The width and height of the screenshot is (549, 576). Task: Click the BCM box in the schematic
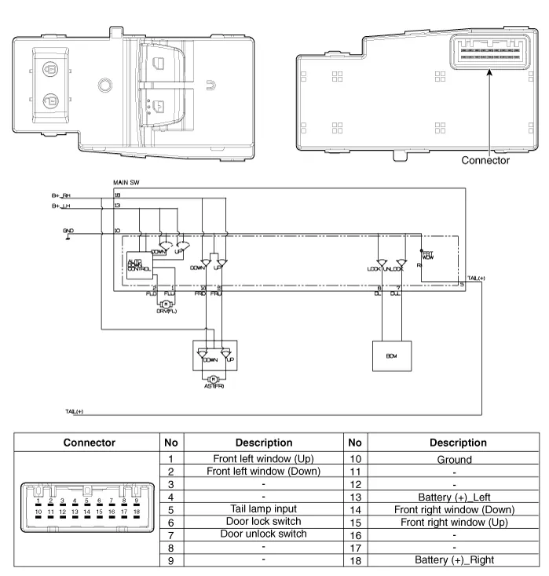390,356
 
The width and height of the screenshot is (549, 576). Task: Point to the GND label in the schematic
68,231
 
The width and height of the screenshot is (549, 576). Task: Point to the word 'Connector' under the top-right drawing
485,160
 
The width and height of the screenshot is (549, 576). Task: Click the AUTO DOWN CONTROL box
139,268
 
